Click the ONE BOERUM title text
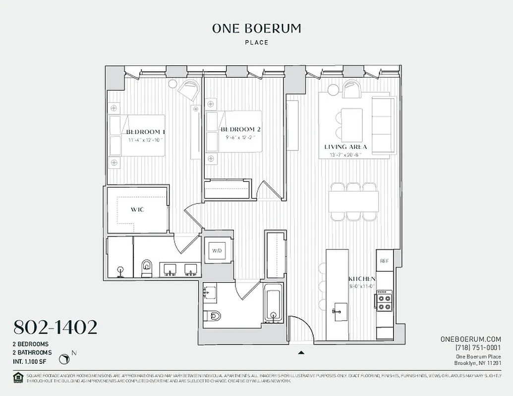(x=256, y=29)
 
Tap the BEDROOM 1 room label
(x=145, y=132)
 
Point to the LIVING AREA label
(x=345, y=147)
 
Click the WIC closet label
(x=137, y=209)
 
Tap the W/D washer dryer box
(x=217, y=250)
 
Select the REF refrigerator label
(x=384, y=261)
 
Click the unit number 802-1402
(x=55, y=327)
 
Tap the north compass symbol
(x=64, y=358)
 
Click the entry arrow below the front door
(x=300, y=353)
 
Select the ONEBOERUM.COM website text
(x=470, y=339)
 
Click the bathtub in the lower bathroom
(x=273, y=302)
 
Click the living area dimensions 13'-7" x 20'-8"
(x=345, y=155)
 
